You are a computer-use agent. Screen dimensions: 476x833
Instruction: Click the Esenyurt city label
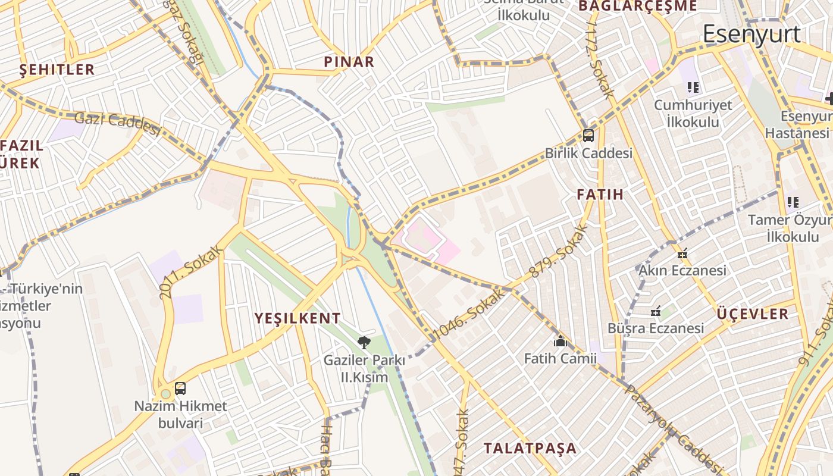tap(751, 34)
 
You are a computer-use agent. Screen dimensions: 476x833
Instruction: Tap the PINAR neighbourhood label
tap(349, 61)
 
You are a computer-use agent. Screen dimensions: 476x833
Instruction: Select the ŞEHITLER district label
tap(57, 69)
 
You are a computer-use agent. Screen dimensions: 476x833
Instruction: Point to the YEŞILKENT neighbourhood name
tap(297, 318)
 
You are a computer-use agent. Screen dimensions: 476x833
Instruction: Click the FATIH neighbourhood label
tap(600, 195)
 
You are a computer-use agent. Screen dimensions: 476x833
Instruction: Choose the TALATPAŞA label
tap(530, 448)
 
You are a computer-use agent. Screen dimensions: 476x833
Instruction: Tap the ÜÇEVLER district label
tap(753, 314)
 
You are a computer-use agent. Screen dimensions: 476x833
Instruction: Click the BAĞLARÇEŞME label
tap(637, 6)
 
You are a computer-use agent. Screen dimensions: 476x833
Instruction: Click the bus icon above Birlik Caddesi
tap(588, 135)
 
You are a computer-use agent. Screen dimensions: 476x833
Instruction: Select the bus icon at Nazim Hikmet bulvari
tap(180, 389)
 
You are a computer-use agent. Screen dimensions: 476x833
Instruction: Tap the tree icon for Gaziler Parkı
tap(364, 342)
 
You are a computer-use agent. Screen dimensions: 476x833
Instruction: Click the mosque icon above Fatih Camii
tap(560, 341)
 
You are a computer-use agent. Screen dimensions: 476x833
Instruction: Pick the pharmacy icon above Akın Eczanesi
tap(682, 253)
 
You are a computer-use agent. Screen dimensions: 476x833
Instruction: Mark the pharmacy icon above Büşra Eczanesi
tap(656, 311)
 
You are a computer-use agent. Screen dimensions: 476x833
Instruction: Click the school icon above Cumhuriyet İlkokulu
tap(693, 87)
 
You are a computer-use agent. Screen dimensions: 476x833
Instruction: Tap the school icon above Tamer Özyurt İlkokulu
tap(793, 202)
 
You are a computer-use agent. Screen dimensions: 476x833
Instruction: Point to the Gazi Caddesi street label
tap(118, 123)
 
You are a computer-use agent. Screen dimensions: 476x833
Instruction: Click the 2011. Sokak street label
tap(190, 273)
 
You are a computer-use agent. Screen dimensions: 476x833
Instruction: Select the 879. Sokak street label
tap(558, 251)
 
